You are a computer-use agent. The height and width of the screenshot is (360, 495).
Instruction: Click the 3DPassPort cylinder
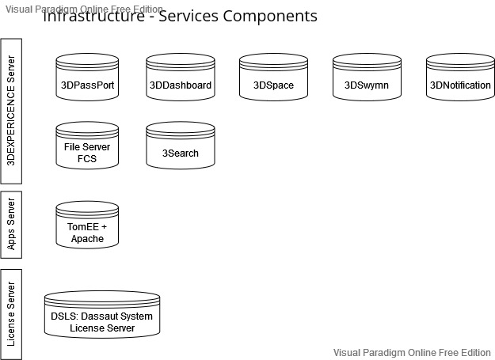87,78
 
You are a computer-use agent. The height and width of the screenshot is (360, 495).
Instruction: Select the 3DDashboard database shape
180,78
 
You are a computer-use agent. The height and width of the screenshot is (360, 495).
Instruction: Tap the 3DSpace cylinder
273,78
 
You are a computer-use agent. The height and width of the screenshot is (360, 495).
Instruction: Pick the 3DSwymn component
367,78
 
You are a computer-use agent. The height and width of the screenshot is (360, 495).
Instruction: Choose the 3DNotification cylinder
460,78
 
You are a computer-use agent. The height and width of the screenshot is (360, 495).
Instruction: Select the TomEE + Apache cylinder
87,225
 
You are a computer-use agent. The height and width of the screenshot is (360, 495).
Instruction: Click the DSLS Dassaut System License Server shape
108,316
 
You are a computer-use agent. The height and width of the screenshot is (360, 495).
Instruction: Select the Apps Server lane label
11,224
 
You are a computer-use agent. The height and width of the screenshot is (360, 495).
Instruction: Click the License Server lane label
11,314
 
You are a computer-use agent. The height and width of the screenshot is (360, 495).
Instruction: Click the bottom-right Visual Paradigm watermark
412,353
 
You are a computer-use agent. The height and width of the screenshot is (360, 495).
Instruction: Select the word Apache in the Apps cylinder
93,238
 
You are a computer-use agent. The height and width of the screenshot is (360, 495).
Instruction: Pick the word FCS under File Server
87,158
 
